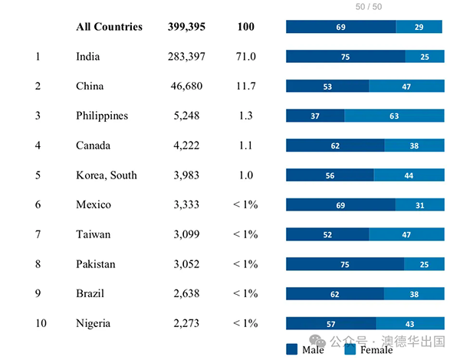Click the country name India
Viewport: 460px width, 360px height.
pyautogui.click(x=88, y=57)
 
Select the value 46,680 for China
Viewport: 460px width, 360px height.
pyautogui.click(x=186, y=87)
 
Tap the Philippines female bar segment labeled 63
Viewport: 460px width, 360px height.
pyautogui.click(x=394, y=116)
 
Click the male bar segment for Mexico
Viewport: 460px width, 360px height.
pyautogui.click(x=340, y=205)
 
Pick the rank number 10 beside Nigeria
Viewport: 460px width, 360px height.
pyautogui.click(x=40, y=323)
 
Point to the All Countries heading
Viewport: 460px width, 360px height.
pyautogui.click(x=109, y=27)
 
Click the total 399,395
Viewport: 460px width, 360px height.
pyautogui.click(x=186, y=27)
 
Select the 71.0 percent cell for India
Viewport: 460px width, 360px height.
pyautogui.click(x=245, y=57)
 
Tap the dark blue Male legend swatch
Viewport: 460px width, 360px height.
pyautogui.click(x=291, y=349)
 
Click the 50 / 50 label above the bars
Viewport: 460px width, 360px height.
pyautogui.click(x=369, y=7)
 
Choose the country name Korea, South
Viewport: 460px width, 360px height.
pyautogui.click(x=107, y=175)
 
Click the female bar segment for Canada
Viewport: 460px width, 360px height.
pyautogui.click(x=414, y=146)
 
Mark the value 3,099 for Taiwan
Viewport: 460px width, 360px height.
pyautogui.click(x=186, y=234)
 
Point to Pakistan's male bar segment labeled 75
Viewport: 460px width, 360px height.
pyautogui.click(x=345, y=264)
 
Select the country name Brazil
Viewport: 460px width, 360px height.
pyautogui.click(x=91, y=294)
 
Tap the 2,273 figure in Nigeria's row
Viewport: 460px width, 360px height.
pyautogui.click(x=186, y=323)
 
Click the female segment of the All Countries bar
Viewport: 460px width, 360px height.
pyautogui.click(x=419, y=28)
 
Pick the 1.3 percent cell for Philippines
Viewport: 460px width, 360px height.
pyautogui.click(x=245, y=116)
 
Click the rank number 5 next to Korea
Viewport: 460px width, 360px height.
pyautogui.click(x=38, y=175)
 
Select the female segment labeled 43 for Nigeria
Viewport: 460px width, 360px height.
pyautogui.click(x=410, y=323)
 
